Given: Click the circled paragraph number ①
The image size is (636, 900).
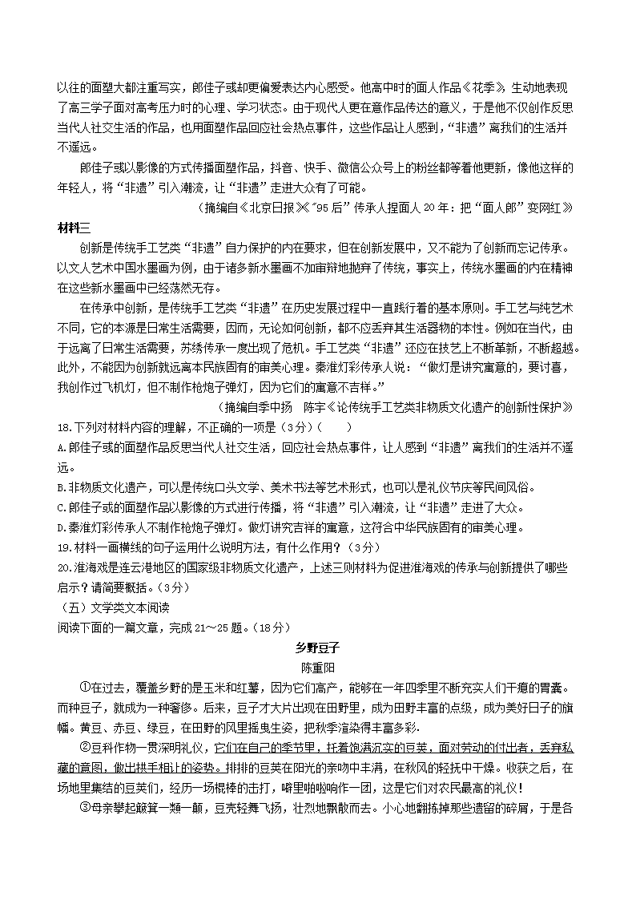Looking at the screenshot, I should [x=86, y=688].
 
